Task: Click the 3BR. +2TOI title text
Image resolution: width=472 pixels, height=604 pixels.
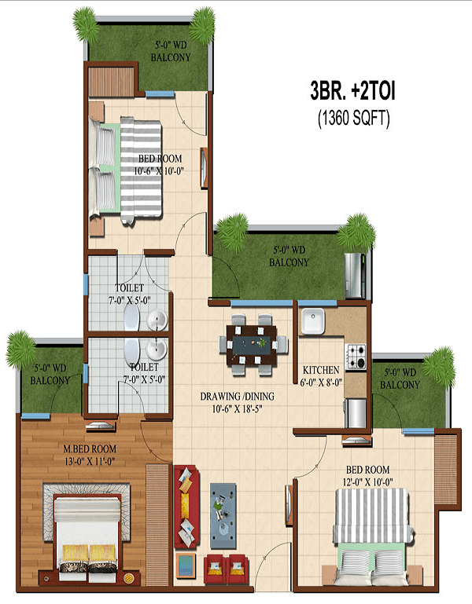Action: pos(352,91)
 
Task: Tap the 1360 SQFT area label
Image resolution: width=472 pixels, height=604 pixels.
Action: pos(353,118)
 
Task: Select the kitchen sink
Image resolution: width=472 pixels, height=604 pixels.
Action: pos(313,321)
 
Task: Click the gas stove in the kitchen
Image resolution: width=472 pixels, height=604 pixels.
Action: pos(356,357)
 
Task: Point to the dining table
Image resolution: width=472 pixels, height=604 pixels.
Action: pos(252,345)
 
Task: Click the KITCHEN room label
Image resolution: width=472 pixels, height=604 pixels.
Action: pos(321,370)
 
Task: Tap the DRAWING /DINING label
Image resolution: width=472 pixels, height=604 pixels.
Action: pos(237,397)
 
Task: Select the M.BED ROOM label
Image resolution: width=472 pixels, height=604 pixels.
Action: pos(90,448)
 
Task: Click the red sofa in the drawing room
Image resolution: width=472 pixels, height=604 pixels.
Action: pos(186,507)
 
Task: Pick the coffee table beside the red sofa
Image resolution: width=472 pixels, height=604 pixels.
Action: pos(223,516)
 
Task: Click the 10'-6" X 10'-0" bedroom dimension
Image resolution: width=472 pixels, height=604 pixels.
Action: pos(159,171)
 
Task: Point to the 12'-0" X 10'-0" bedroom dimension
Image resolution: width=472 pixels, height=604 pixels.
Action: pos(367,482)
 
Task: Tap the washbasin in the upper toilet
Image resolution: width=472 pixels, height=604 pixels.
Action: pos(157,320)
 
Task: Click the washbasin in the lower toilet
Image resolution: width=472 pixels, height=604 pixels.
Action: pos(157,350)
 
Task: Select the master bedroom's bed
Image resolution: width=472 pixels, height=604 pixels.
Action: pos(87,537)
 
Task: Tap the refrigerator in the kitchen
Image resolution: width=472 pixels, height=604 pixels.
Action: pos(356,413)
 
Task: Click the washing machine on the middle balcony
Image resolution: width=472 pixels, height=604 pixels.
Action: pos(355,276)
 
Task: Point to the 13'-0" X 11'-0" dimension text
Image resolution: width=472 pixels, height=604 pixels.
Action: pos(90,461)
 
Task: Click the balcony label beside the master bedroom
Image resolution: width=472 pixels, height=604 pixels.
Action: pos(50,375)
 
